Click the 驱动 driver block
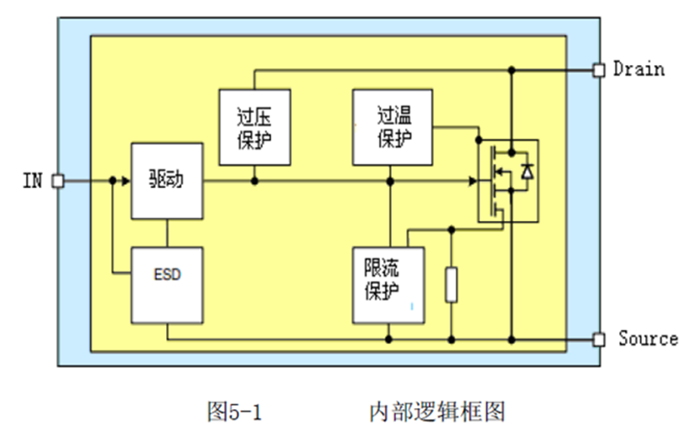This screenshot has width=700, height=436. (x=166, y=180)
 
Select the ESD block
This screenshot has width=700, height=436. (x=167, y=274)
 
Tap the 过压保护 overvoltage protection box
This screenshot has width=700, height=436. (x=254, y=126)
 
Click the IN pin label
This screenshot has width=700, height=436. (x=32, y=180)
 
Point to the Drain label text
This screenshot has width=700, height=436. (x=638, y=68)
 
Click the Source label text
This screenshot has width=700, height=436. (x=648, y=338)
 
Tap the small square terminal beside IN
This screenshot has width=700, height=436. (x=58, y=180)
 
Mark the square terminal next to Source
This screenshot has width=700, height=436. (x=599, y=339)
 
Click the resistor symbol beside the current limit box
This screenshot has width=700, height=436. (x=451, y=284)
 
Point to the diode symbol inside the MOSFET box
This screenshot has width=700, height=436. (x=527, y=171)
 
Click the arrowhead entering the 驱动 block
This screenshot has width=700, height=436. (x=124, y=180)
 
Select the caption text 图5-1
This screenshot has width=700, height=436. (x=235, y=412)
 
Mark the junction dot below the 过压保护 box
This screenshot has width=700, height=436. (x=254, y=180)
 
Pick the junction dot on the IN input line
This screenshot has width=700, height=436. (x=112, y=180)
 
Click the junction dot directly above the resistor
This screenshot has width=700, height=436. (x=451, y=229)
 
